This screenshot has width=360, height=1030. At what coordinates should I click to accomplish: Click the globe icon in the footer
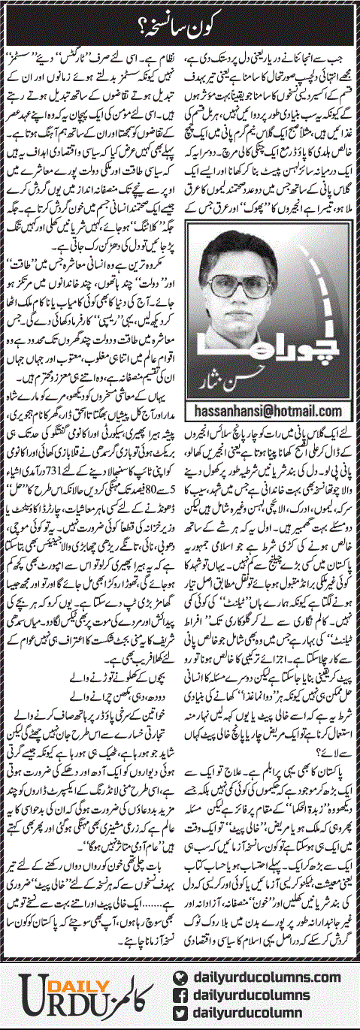pos(180,978)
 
